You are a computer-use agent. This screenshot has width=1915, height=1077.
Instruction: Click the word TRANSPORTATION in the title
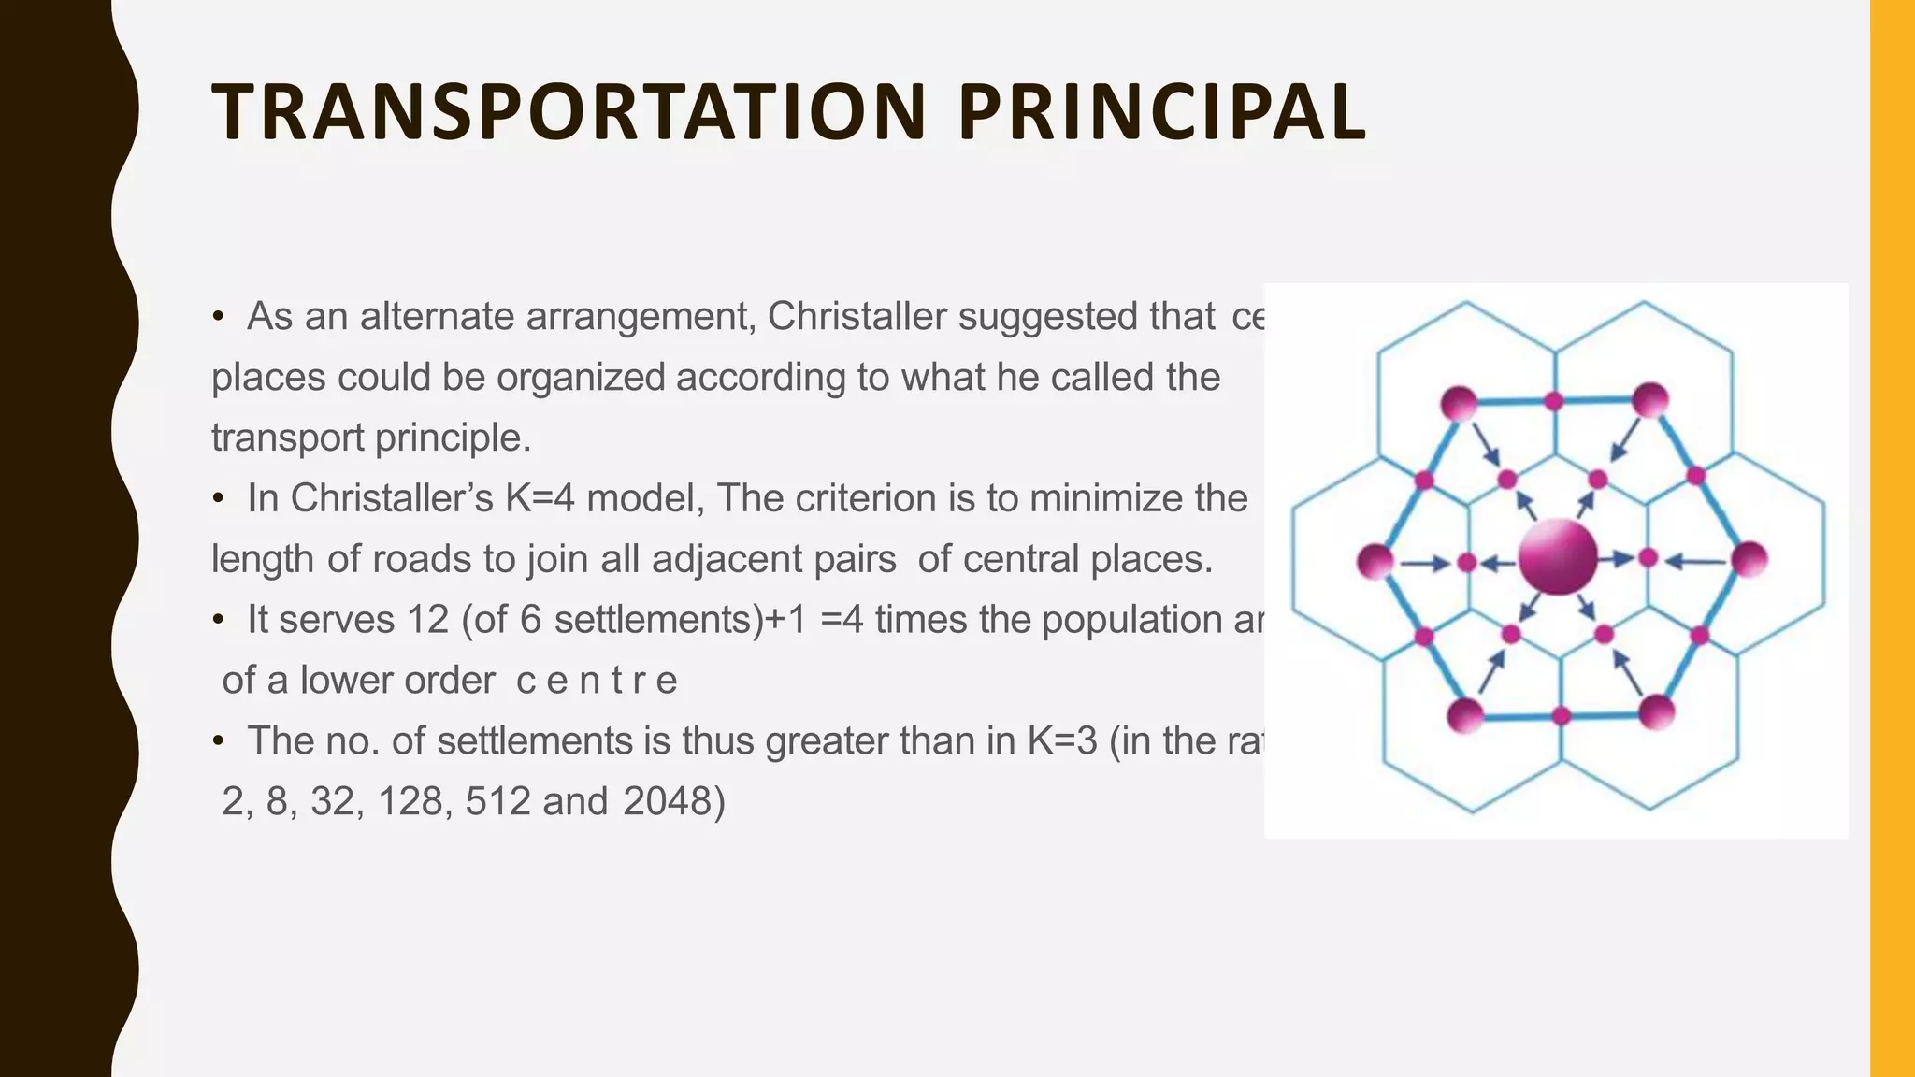pyautogui.click(x=569, y=112)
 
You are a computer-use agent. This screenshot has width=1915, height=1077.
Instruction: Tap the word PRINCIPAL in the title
pyautogui.click(x=1161, y=112)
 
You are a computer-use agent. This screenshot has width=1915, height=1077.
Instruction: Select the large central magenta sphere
pyautogui.click(x=1557, y=558)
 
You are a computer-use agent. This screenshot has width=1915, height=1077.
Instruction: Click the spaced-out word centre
pyautogui.click(x=597, y=681)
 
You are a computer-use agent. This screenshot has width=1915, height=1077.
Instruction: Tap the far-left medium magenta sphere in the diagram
pyautogui.click(x=1375, y=562)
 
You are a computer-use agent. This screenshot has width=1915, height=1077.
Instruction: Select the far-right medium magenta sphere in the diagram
pyautogui.click(x=1749, y=560)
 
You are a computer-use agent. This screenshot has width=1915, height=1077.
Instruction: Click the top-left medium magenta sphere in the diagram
pyautogui.click(x=1459, y=404)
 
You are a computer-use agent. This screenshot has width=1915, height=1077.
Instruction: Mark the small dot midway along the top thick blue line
pyautogui.click(x=1554, y=401)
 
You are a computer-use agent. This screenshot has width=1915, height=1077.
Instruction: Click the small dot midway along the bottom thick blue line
pyautogui.click(x=1561, y=716)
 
